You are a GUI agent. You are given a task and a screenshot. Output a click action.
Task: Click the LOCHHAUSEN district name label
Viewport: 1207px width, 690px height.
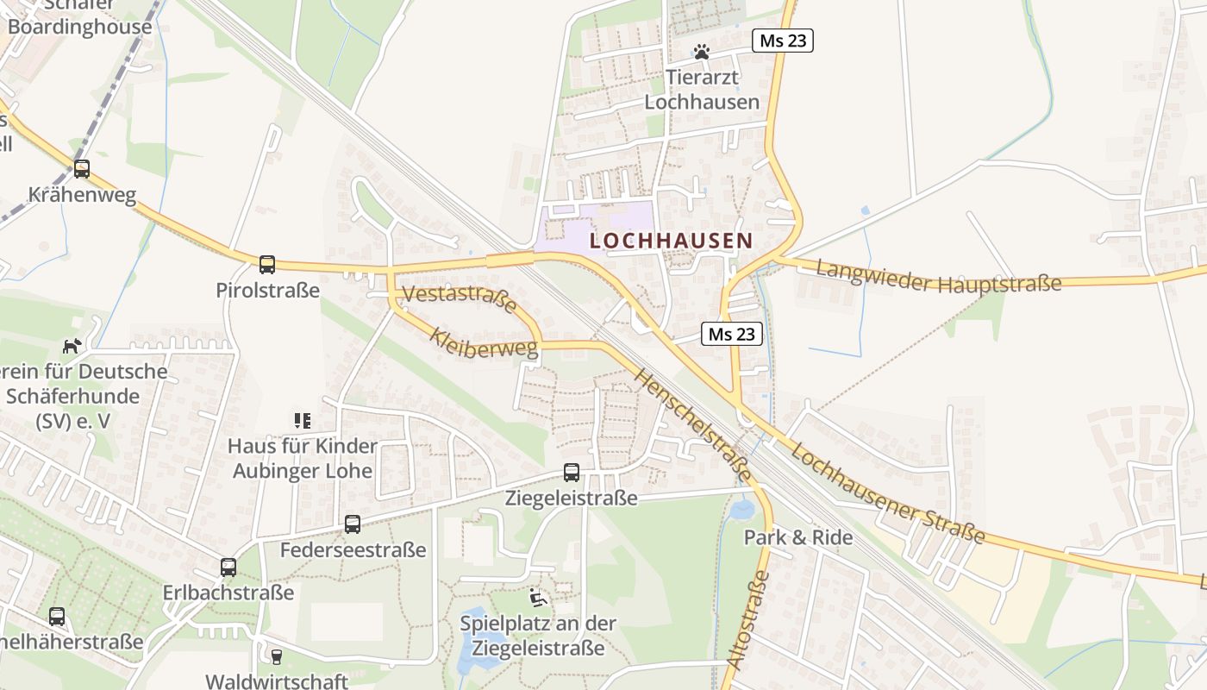point(671,241)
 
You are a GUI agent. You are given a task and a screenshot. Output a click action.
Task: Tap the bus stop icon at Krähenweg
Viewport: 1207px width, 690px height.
point(82,169)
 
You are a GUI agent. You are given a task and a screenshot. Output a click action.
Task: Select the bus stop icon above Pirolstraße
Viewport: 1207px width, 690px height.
point(267,265)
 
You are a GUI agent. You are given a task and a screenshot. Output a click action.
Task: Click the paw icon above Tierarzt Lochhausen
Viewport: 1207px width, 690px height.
point(702,53)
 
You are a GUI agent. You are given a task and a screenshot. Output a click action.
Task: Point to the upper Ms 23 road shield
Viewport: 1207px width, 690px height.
point(783,41)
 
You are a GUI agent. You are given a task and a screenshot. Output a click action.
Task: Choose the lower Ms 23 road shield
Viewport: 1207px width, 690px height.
point(732,334)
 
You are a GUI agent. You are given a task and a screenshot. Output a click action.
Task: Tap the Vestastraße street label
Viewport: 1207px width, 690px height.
point(460,299)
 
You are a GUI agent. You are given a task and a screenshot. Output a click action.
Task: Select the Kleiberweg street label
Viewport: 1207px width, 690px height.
point(484,342)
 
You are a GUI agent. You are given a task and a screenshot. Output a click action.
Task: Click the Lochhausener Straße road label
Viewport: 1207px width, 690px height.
point(887,493)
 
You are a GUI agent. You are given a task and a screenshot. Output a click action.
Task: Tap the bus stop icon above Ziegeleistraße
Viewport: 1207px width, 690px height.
point(572,473)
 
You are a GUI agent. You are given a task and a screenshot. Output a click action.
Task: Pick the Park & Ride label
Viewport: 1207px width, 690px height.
point(798,537)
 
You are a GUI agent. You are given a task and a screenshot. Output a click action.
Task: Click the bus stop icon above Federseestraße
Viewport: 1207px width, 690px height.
point(353,524)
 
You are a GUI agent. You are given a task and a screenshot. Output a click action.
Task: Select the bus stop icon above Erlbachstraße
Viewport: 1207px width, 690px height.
point(228,568)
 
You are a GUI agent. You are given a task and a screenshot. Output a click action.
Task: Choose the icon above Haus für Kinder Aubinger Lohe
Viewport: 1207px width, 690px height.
point(302,421)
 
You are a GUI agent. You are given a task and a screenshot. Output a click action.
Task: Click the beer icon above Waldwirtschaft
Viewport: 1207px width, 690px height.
point(277,657)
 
